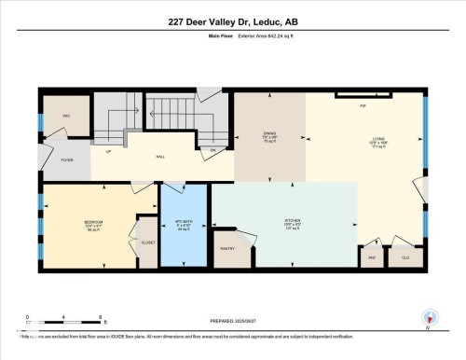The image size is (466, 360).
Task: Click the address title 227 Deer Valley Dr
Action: [232, 21]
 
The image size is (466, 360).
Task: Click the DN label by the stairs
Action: [212, 149]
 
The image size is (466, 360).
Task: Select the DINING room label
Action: [271, 137]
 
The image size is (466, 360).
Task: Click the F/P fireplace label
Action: [362, 106]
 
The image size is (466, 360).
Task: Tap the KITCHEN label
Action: [292, 222]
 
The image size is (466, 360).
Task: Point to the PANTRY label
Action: [227, 249]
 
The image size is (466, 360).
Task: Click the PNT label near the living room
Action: [372, 256]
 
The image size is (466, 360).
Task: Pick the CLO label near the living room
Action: [405, 256]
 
